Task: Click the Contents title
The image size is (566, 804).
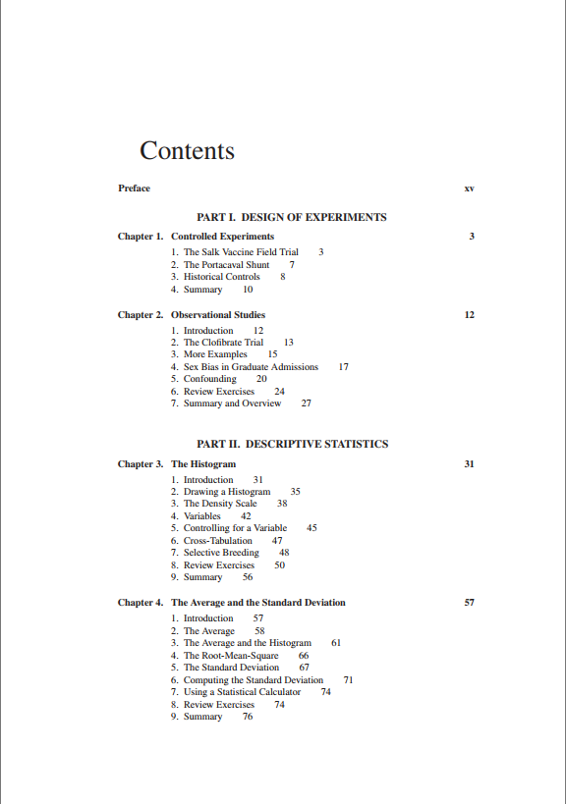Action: pos(187,151)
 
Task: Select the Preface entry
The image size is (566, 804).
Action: pos(134,188)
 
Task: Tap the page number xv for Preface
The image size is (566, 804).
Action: pos(469,188)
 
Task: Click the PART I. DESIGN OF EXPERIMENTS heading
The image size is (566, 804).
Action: pos(292,217)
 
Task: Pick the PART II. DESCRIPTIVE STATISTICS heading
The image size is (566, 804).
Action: pos(292,444)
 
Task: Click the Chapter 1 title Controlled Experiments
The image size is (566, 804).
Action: pos(222,237)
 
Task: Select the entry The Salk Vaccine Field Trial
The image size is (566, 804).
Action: pos(241,252)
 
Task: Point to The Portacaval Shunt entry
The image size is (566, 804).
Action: pos(226,265)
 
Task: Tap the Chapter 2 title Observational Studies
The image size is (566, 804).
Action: pos(218,315)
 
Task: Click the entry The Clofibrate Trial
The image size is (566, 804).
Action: pos(223,343)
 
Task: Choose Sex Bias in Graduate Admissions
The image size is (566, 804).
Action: pos(251,367)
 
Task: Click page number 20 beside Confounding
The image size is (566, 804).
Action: pos(261,379)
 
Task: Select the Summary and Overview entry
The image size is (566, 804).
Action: pos(232,403)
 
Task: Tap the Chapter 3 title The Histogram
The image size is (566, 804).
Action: pos(203,463)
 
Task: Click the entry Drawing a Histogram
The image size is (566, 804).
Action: pos(226,492)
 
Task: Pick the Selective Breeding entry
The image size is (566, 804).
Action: pos(221,553)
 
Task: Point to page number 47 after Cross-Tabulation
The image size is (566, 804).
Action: pos(277,541)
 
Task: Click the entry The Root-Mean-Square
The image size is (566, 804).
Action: pos(231,655)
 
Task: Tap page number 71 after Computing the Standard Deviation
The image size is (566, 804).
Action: pos(348,679)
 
